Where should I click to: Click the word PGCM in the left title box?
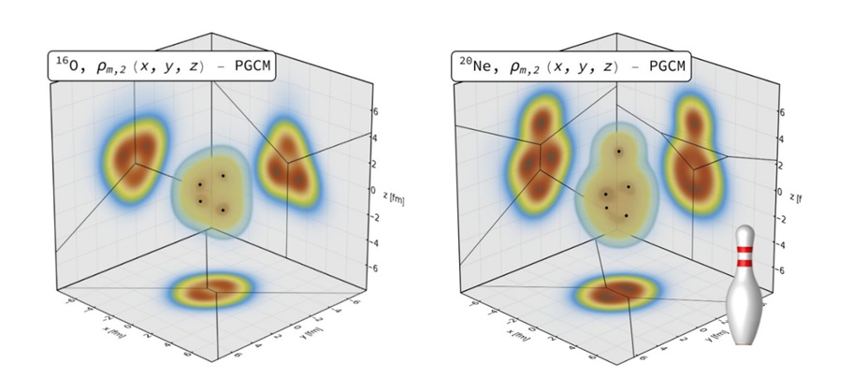[244, 66]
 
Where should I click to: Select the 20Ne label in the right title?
[470, 66]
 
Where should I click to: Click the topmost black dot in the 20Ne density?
[617, 152]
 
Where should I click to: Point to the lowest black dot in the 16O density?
[223, 211]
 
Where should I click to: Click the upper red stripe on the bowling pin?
[745, 252]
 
